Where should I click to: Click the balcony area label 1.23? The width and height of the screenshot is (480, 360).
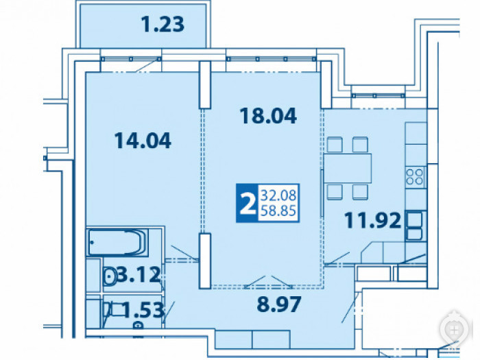point(163,25)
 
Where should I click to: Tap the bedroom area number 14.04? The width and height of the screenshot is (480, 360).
point(143,141)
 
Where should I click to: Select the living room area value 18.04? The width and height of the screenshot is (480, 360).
point(268,116)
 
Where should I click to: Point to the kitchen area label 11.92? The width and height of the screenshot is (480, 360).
point(373,220)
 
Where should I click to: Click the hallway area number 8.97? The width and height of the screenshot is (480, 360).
point(279,304)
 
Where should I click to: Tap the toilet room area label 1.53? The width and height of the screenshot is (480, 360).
point(143,309)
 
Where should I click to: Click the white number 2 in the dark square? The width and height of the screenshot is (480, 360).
point(248,203)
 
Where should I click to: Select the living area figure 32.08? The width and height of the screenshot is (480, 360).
point(278,195)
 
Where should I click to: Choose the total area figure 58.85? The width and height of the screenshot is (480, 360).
point(278,211)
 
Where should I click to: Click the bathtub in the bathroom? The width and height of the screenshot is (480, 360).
point(117,242)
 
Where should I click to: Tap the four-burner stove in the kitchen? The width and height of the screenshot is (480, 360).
point(414,177)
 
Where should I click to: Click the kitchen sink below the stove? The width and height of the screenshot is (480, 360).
point(414,226)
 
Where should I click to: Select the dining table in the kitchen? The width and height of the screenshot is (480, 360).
point(348,169)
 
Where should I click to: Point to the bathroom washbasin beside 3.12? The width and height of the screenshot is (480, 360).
point(109,276)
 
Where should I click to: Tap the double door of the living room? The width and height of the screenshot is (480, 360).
point(268,283)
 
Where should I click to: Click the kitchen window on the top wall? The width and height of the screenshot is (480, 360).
point(379,95)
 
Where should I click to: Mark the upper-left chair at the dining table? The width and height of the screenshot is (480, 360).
point(335,145)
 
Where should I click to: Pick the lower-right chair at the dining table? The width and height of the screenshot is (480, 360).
point(360,192)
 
